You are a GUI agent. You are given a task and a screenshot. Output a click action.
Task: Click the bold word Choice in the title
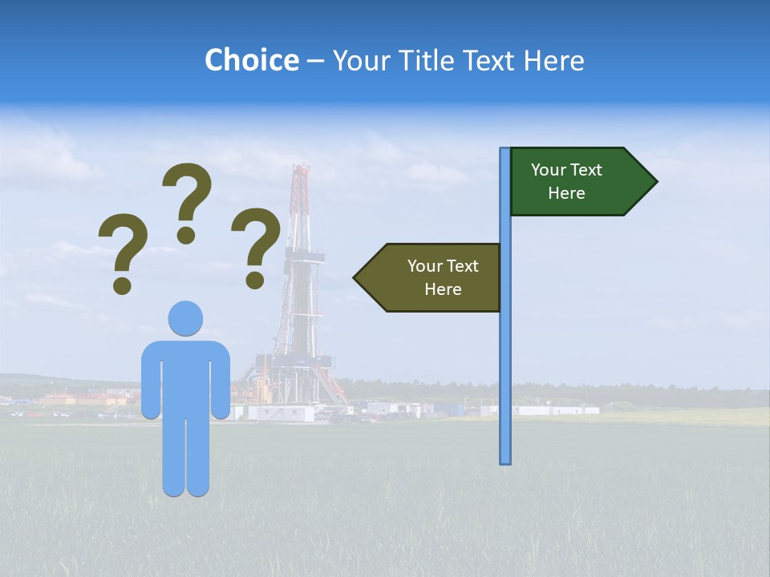pyautogui.click(x=251, y=60)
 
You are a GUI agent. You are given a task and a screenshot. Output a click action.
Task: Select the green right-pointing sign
pyautogui.click(x=577, y=182)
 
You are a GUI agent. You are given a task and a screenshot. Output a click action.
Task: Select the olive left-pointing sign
pyautogui.click(x=433, y=277)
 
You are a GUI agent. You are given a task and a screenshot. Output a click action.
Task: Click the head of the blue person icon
pyautogui.click(x=185, y=318)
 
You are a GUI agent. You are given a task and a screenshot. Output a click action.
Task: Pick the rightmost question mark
pyautogui.click(x=256, y=245)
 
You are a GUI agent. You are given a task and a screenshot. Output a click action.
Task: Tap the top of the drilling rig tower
pyautogui.click(x=301, y=170)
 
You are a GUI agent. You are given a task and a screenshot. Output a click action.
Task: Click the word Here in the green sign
pyautogui.click(x=566, y=193)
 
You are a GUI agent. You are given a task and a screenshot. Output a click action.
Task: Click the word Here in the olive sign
pyautogui.click(x=443, y=289)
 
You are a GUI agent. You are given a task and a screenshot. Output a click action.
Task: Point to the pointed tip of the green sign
pyautogui.click(x=655, y=182)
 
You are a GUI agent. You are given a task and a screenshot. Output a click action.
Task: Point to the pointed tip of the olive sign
pyautogui.click(x=355, y=277)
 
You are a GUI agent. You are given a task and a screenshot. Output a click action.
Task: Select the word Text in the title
pyautogui.click(x=489, y=60)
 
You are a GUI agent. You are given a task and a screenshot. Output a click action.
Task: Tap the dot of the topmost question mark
pyautogui.click(x=186, y=235)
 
